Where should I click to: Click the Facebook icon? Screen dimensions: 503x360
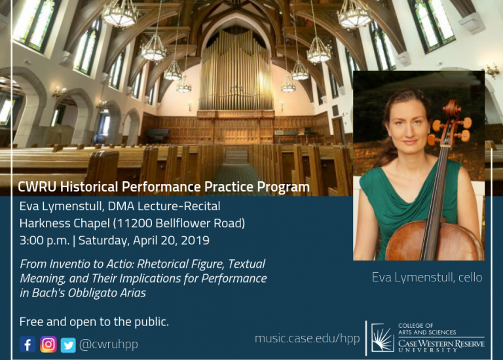point(28,344)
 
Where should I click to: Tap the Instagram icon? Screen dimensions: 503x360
point(48,344)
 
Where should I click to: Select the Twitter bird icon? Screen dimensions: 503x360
point(68,345)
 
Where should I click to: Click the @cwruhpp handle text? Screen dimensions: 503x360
point(109,344)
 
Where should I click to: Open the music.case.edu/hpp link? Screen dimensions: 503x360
point(307,338)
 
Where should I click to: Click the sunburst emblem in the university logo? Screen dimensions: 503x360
point(382,338)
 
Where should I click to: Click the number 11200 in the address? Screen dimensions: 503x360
point(130,223)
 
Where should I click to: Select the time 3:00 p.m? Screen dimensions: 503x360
point(45,240)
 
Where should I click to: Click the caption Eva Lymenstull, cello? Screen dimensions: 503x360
point(427,278)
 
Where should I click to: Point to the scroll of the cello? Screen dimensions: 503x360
point(453,109)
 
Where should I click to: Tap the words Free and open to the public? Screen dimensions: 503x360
point(94,322)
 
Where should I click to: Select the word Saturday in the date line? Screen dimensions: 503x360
point(103,240)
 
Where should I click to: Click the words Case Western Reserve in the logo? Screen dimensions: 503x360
point(441,344)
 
